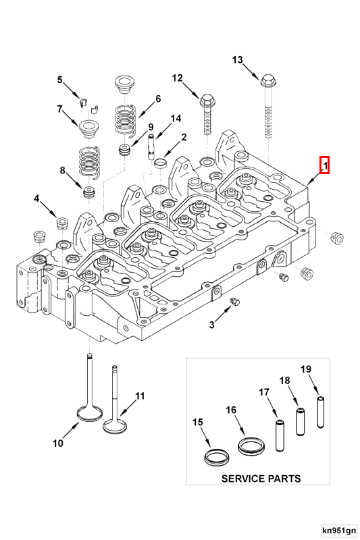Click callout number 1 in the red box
point(324,164)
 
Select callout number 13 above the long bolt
point(237,60)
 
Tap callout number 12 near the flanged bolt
point(177,78)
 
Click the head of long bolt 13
point(268,82)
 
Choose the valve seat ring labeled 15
point(217,456)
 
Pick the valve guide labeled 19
point(321,412)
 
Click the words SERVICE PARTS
point(261,478)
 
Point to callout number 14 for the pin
point(176,119)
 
